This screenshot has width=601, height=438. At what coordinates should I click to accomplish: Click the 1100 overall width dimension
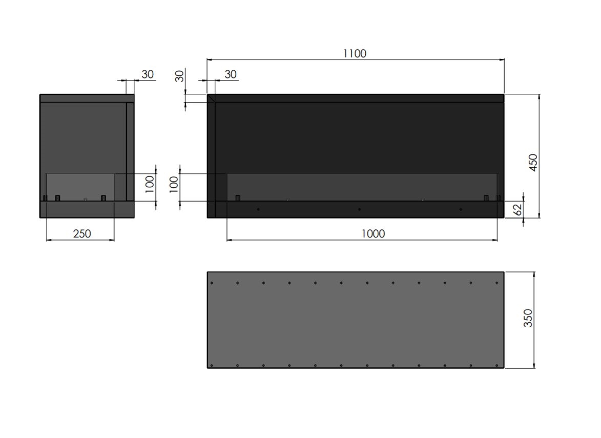coord(355,53)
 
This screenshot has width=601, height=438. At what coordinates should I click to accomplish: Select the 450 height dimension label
coord(533,162)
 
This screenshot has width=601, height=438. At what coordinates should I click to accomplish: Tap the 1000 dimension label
coord(373,233)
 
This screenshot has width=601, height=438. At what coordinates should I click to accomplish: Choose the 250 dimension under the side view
coord(82,233)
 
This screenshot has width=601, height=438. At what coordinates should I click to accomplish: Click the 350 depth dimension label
coord(528,318)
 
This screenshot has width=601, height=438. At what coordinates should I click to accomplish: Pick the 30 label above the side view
coord(148,74)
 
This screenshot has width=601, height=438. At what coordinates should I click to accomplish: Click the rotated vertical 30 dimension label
coord(179,76)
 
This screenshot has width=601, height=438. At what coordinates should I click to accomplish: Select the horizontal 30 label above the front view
coord(231,74)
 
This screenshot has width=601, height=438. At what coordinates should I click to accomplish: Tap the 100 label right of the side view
coord(150,184)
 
